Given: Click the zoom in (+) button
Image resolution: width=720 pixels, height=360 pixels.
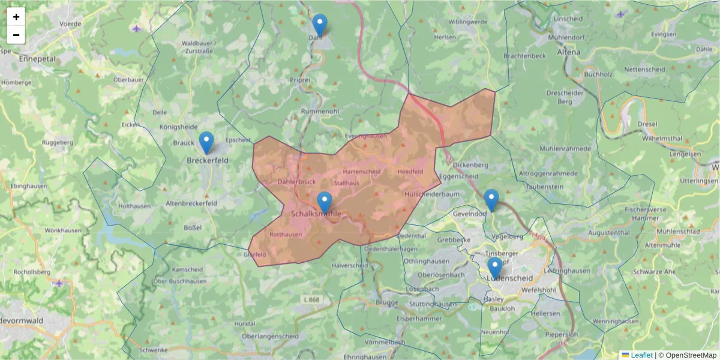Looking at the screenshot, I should [x=16, y=17].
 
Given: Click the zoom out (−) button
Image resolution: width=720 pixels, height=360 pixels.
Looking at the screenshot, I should [x=16, y=35].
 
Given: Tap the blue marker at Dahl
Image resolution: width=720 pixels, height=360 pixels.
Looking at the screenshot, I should [x=320, y=26].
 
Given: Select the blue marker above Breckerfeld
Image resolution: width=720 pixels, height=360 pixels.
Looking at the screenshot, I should [x=206, y=143].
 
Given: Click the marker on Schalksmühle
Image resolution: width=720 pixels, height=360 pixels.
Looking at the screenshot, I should [x=324, y=203].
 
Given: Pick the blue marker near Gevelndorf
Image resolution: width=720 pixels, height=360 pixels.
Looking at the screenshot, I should [x=491, y=200].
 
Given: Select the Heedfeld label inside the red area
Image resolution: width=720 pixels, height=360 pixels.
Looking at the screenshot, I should [x=410, y=172].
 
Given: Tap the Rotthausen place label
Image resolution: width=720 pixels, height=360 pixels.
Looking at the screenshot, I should [x=286, y=235].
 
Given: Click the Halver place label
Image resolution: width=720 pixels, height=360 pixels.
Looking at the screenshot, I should [x=350, y=265].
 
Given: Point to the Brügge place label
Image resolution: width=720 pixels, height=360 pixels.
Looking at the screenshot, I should [x=386, y=303].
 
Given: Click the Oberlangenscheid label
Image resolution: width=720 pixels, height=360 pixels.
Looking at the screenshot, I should [x=270, y=337].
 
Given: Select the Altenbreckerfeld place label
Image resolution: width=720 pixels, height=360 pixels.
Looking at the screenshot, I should [x=191, y=203].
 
